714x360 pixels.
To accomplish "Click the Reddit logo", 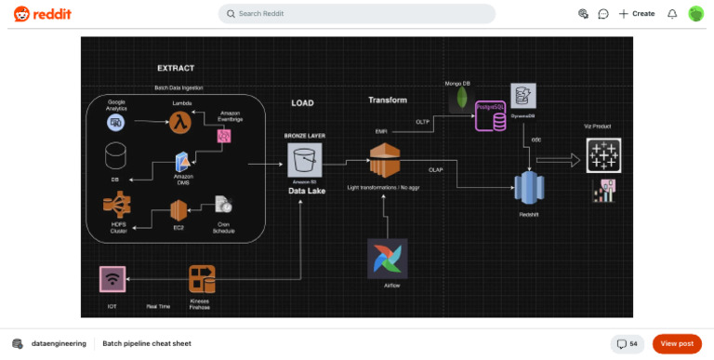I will coord(42,14).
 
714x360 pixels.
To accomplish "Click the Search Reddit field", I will coord(357,14).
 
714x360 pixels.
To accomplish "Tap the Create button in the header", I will coord(637,14).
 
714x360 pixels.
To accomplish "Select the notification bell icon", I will coord(672,14).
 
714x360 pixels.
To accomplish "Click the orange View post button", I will coord(677,343).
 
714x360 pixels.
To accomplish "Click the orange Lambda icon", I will coord(179,120).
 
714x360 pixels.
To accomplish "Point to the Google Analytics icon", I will coord(116,121).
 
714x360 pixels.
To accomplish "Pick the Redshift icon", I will coord(529,190).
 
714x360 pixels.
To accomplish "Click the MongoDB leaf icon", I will coord(456,101).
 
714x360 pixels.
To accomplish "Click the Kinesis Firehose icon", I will coord(202,279).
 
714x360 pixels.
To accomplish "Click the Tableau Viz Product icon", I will coord(603,154).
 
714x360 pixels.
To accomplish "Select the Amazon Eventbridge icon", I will coord(223,136).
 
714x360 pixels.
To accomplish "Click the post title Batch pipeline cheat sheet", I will coord(146,343).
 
